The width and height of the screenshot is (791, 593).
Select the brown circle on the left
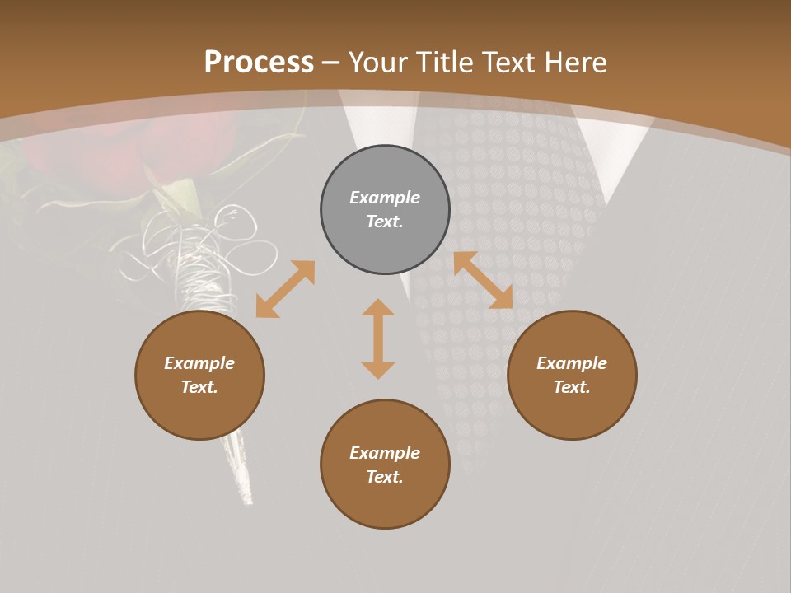[199, 375]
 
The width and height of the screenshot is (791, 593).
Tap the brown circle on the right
[572, 375]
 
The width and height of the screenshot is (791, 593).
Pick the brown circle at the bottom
[385, 465]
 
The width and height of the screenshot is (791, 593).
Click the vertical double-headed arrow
[378, 339]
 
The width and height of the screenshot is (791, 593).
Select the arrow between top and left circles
[285, 289]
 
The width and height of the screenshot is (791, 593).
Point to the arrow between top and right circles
[483, 280]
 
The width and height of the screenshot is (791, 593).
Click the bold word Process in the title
[259, 62]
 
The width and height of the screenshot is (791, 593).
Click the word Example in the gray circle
[385, 198]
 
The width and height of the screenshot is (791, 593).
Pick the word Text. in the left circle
[199, 387]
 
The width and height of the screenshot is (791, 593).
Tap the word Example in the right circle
[572, 363]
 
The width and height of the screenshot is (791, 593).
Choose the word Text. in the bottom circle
[385, 477]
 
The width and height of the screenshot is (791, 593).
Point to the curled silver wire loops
[206, 247]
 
